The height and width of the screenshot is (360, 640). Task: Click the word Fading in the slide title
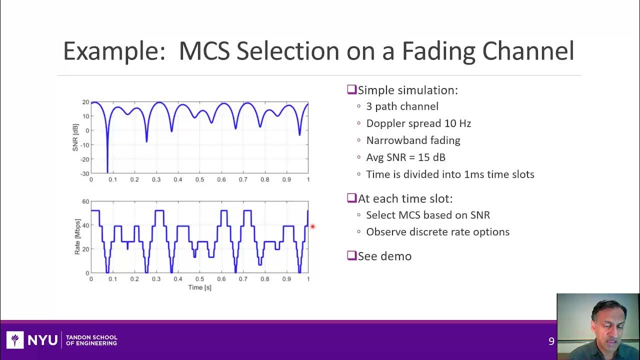pyautogui.click(x=438, y=51)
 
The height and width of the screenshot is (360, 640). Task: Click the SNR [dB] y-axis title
pyautogui.click(x=76, y=137)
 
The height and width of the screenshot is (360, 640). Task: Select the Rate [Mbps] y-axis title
pyautogui.click(x=77, y=236)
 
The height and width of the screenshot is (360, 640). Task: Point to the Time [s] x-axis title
pyautogui.click(x=199, y=287)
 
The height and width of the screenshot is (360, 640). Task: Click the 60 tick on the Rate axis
pyautogui.click(x=85, y=201)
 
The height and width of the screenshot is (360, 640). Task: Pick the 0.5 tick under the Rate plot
pyautogui.click(x=199, y=279)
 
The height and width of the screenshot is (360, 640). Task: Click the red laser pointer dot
pyautogui.click(x=312, y=226)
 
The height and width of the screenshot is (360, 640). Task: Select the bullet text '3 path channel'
pyautogui.click(x=402, y=106)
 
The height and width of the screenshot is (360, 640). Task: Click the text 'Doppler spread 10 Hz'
pyautogui.click(x=418, y=123)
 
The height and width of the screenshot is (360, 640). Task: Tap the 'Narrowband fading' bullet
pyautogui.click(x=413, y=140)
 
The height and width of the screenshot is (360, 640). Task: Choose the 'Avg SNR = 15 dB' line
pyautogui.click(x=405, y=157)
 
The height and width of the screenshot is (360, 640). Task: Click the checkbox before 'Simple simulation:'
pyautogui.click(x=351, y=90)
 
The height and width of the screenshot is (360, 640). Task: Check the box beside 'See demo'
pyautogui.click(x=351, y=255)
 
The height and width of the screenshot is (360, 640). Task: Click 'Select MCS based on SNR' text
pyautogui.click(x=427, y=215)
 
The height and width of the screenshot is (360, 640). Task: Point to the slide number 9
pyautogui.click(x=551, y=341)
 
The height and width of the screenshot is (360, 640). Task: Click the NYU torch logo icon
pyautogui.click(x=15, y=340)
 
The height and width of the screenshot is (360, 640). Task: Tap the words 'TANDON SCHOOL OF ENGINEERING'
pyautogui.click(x=91, y=340)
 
